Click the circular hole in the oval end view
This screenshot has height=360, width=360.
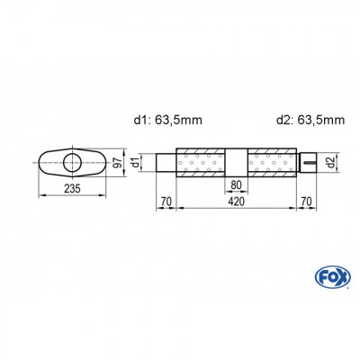(x=71, y=163)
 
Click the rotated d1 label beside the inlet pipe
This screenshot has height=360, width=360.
(x=137, y=163)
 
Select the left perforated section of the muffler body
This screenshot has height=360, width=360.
(x=202, y=163)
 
